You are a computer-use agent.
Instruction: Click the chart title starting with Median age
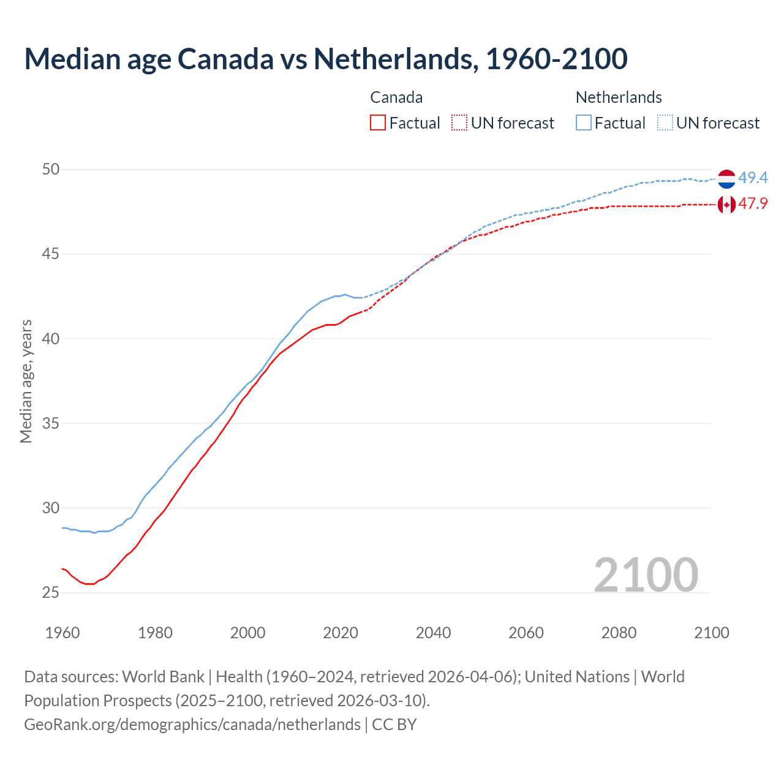[x=325, y=59]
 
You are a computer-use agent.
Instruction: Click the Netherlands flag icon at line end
[x=726, y=179]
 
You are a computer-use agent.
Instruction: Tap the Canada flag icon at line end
[x=726, y=205]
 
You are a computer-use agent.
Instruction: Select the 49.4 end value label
[x=753, y=178]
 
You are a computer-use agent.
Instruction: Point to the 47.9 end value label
[x=753, y=204]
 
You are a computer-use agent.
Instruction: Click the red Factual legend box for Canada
[x=378, y=123]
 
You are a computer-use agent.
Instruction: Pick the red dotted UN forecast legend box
[x=459, y=123]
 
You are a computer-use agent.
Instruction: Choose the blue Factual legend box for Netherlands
[x=584, y=123]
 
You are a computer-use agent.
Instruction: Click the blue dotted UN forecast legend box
[x=665, y=123]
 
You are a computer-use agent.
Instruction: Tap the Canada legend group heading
[x=396, y=97]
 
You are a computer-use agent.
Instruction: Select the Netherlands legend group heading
[x=619, y=97]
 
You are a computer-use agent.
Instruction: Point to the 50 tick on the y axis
[x=51, y=169]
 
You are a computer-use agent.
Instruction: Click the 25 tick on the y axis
[x=51, y=592]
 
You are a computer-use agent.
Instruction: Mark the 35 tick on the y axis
[x=51, y=423]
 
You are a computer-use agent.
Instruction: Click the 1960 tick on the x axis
[x=62, y=633]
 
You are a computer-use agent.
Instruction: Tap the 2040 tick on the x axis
[x=433, y=633]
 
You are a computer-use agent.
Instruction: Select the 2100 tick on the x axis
[x=711, y=633]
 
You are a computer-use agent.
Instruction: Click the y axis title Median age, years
[x=26, y=381]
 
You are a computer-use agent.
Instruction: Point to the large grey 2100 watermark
[x=646, y=575]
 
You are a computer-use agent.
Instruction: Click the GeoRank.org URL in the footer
[x=192, y=725]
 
